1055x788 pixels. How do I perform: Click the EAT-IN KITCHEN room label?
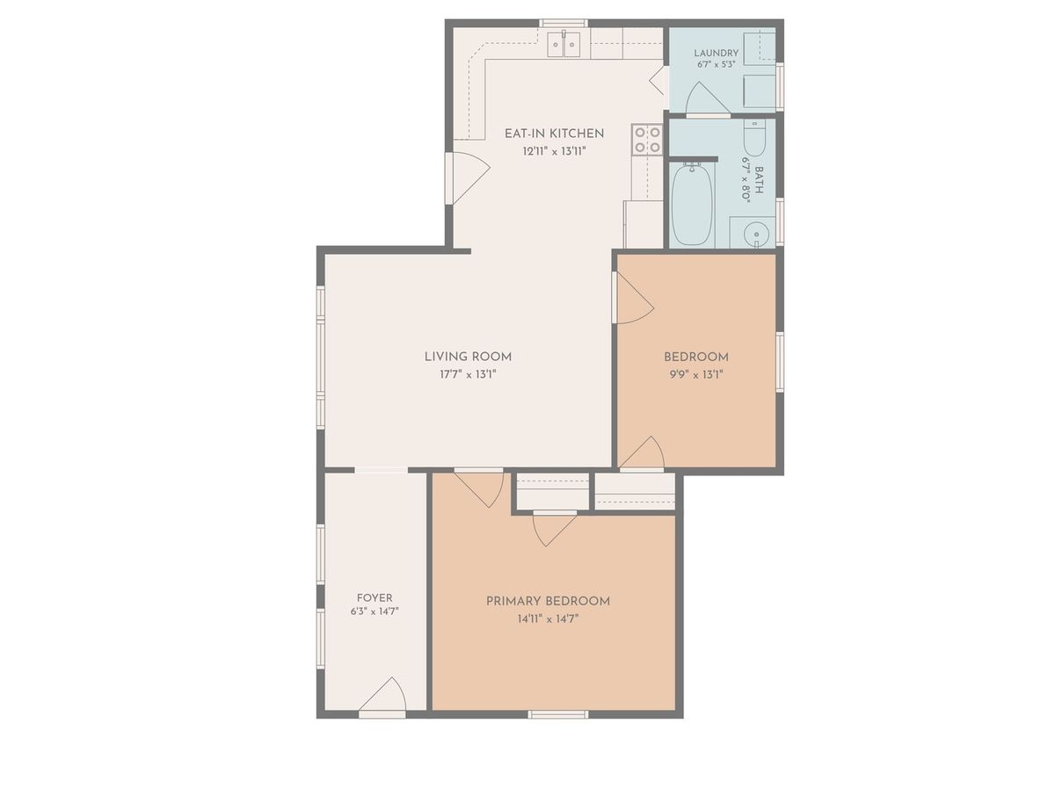(x=554, y=134)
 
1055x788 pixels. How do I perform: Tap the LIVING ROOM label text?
(x=468, y=357)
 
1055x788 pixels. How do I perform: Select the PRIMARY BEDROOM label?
(x=548, y=601)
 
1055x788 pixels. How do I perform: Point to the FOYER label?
(x=375, y=598)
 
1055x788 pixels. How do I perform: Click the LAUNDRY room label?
(x=717, y=53)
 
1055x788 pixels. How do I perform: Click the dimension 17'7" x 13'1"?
(x=468, y=374)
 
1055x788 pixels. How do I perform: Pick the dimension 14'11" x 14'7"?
(x=548, y=619)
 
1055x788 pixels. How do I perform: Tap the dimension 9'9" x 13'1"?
(x=696, y=374)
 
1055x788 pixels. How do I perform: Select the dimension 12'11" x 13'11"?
(x=554, y=152)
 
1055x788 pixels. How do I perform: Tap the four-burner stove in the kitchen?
(x=647, y=140)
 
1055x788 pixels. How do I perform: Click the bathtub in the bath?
(x=692, y=204)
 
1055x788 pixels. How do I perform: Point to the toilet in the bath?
(x=754, y=137)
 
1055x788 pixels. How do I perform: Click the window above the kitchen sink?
(x=564, y=23)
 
